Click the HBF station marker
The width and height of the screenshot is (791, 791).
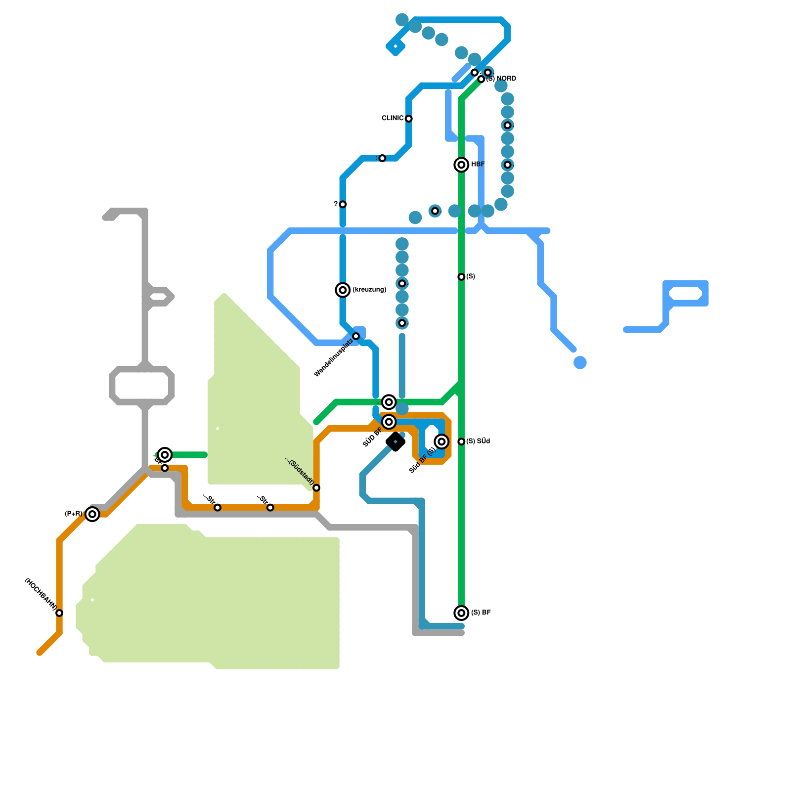click(461, 165)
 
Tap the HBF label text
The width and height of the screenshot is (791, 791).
click(478, 165)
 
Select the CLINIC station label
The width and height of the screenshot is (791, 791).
click(393, 118)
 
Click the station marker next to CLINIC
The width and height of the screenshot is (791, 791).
click(409, 119)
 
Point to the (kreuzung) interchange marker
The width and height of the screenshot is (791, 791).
click(343, 290)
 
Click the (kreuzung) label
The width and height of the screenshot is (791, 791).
click(369, 290)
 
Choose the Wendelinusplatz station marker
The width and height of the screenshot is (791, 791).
click(356, 336)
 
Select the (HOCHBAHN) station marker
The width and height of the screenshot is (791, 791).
click(59, 613)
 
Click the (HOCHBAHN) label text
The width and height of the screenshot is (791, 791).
click(41, 594)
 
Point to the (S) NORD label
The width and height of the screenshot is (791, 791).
click(501, 79)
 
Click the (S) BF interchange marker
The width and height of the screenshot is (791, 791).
click(461, 613)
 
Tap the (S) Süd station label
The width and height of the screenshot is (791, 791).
click(478, 441)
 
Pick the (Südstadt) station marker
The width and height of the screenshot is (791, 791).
click(316, 488)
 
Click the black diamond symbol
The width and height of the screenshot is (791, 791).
click(395, 441)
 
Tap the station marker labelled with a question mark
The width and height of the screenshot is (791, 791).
click(343, 204)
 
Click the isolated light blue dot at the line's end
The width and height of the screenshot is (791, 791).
click(580, 362)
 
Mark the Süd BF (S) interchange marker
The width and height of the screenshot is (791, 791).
click(441, 441)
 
